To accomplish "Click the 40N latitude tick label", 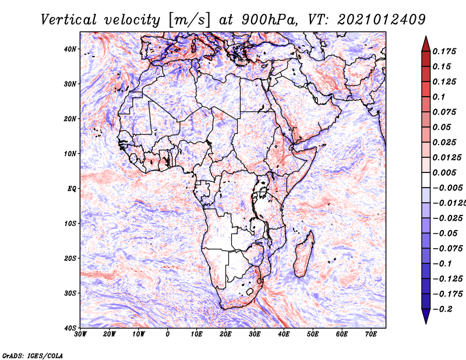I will click(x=70, y=49).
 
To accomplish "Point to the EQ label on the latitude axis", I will click(x=72, y=189).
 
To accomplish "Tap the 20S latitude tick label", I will click(x=70, y=258).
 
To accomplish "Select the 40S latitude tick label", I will click(x=70, y=328).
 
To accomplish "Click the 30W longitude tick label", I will click(x=80, y=334).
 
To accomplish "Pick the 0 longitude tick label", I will click(x=168, y=334).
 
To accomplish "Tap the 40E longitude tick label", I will click(x=284, y=334).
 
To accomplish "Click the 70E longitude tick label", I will click(x=371, y=334).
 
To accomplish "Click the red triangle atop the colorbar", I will click(x=425, y=44).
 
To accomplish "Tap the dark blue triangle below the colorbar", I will click(x=425, y=316).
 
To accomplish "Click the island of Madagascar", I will click(x=303, y=256).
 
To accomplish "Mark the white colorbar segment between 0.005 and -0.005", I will click(x=425, y=180).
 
